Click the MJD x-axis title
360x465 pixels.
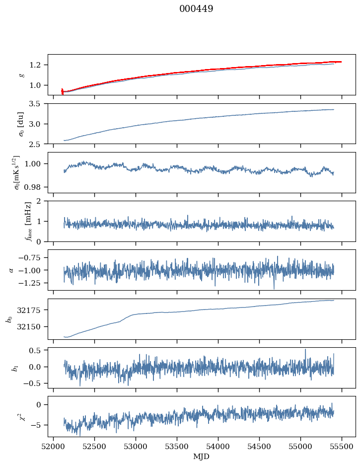click(x=202, y=456)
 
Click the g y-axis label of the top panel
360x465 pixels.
click(x=21, y=75)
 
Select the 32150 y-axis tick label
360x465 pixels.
click(x=33, y=327)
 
